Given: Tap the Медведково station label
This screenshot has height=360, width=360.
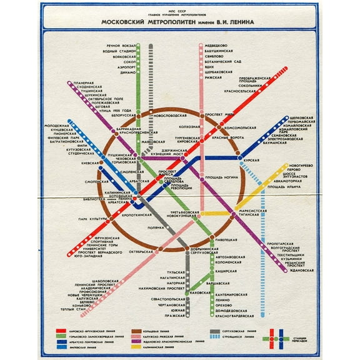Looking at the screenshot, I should [216, 46].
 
